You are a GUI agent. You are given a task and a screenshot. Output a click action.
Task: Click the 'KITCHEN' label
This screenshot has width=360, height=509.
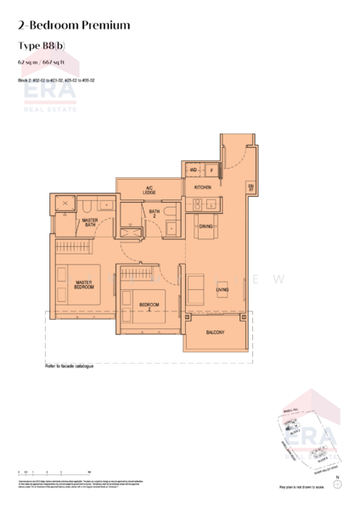(x=202, y=187)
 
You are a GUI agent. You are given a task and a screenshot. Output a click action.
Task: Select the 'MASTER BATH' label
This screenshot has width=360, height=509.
(x=89, y=222)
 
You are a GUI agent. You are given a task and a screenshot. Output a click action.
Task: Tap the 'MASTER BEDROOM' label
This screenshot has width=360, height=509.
(x=83, y=284)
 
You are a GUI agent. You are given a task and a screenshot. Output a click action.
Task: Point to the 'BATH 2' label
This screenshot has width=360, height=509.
(x=155, y=214)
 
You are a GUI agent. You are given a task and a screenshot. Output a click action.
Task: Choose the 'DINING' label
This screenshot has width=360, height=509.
(x=205, y=227)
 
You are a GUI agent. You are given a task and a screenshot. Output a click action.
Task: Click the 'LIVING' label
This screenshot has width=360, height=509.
(x=222, y=290)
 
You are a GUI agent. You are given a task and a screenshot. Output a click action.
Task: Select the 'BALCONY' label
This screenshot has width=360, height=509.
(x=215, y=333)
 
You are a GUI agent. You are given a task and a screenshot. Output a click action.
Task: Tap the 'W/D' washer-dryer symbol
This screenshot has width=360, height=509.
(x=194, y=170)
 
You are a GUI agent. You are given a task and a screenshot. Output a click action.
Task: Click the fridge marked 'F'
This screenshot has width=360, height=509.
(x=210, y=170)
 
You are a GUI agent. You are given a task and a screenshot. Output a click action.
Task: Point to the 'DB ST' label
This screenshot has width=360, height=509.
(x=250, y=187)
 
